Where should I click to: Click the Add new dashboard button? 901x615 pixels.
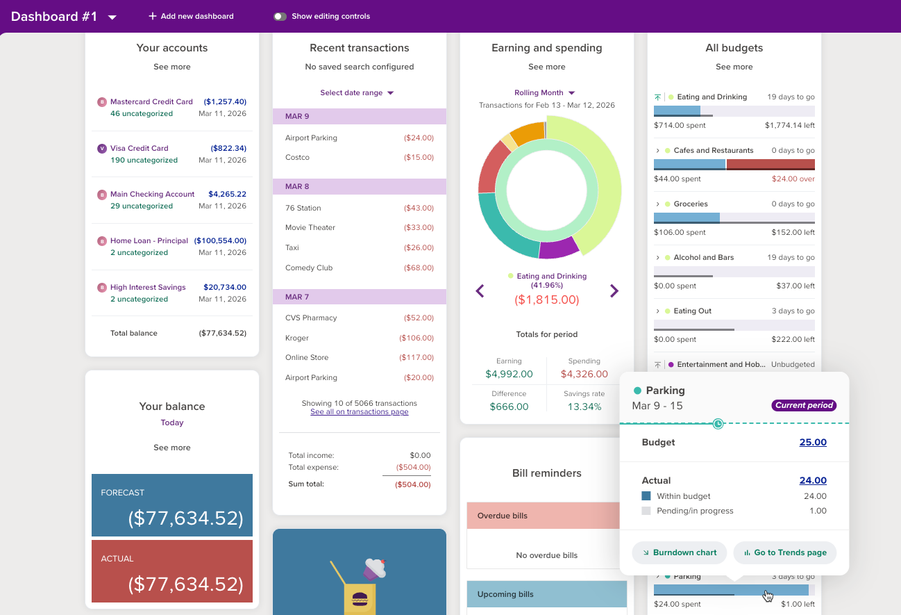(191, 16)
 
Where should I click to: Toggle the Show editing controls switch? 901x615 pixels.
(280, 16)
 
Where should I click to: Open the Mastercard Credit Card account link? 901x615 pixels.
(151, 101)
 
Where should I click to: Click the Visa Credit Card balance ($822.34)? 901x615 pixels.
(228, 148)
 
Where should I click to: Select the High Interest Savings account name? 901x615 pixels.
(148, 287)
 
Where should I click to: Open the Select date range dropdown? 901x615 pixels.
(357, 92)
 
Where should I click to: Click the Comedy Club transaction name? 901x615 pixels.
(309, 268)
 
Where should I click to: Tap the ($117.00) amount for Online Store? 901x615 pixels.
(416, 357)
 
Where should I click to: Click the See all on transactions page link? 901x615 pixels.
(359, 412)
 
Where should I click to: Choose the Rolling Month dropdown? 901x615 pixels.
(545, 92)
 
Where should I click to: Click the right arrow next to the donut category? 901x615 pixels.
(614, 291)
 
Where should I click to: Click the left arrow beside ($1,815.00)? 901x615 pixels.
(480, 291)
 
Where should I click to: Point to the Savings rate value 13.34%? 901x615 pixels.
(584, 407)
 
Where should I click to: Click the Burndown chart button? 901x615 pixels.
(679, 552)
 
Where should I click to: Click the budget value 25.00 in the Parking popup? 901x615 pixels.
(813, 442)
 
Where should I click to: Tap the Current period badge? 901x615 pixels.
(804, 405)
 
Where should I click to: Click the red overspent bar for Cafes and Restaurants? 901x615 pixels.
(771, 164)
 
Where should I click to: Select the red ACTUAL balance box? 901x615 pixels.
(172, 574)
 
